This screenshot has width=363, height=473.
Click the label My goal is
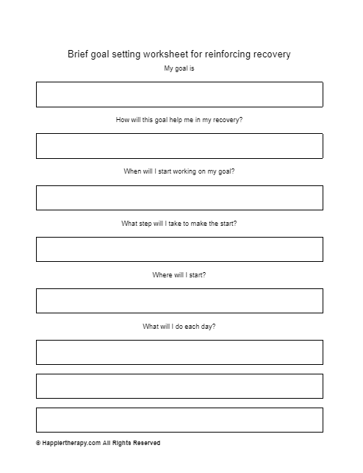click(x=179, y=69)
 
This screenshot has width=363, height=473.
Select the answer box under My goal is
click(x=179, y=94)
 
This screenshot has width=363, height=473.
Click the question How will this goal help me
click(x=179, y=119)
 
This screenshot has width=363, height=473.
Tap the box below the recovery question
click(x=179, y=146)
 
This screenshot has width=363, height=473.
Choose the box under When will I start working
click(x=179, y=198)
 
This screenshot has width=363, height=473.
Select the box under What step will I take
click(x=179, y=249)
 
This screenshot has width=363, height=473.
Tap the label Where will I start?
click(x=179, y=274)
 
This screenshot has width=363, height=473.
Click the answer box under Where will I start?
click(x=179, y=301)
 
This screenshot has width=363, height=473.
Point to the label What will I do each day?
click(x=179, y=326)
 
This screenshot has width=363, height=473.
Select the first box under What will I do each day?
click(x=179, y=352)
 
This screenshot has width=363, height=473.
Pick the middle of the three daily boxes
click(x=179, y=386)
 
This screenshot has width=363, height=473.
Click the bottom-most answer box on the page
click(x=179, y=420)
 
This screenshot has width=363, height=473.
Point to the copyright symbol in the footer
click(x=37, y=444)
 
